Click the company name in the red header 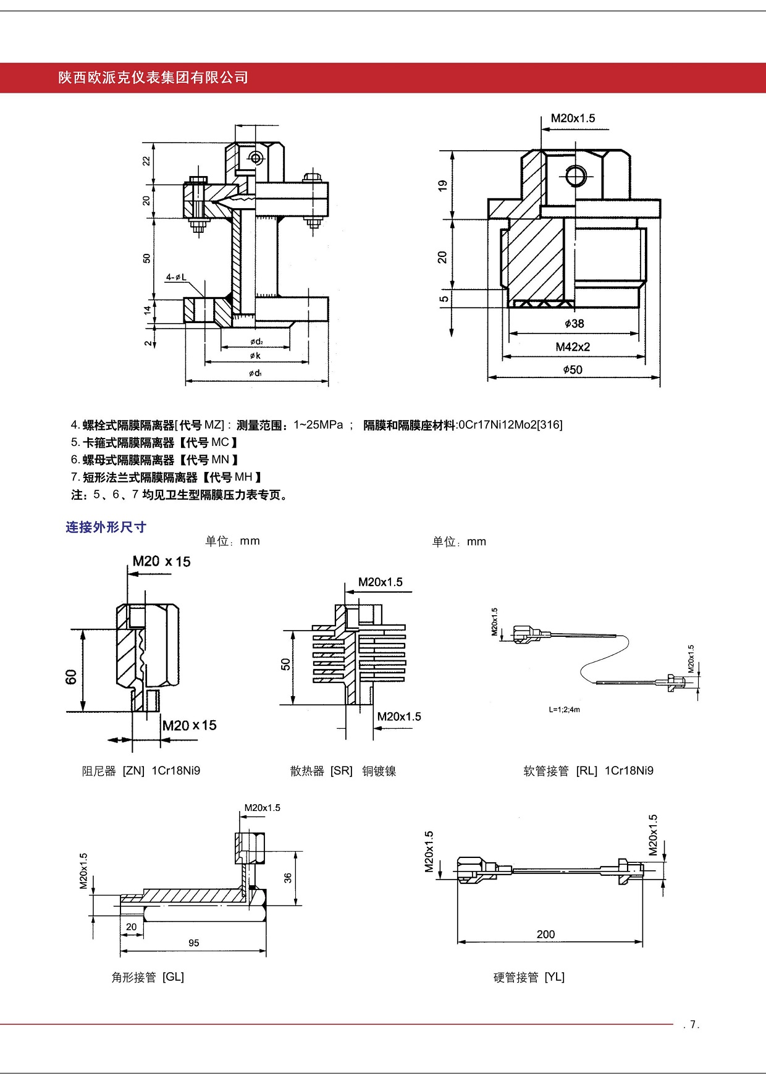[x=153, y=78]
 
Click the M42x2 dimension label [x=573, y=347]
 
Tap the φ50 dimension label [x=573, y=369]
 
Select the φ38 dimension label [x=574, y=323]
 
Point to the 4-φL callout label [x=176, y=277]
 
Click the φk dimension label [x=255, y=356]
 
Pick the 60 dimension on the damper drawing [x=71, y=676]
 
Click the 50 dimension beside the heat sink [x=285, y=664]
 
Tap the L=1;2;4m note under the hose [x=564, y=710]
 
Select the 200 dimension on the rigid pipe [x=545, y=934]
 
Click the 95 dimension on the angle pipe [x=194, y=943]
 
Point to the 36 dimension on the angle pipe [x=288, y=878]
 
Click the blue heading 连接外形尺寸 [x=106, y=527]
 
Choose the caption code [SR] [x=341, y=771]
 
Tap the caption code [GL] [x=173, y=977]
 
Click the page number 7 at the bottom [x=693, y=1024]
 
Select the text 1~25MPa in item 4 [x=318, y=425]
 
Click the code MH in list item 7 [x=243, y=477]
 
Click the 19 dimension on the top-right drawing [x=442, y=185]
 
